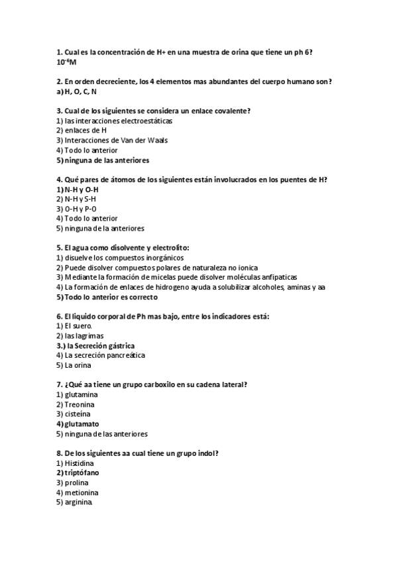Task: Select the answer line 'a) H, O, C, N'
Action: point(77,91)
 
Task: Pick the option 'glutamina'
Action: point(82,394)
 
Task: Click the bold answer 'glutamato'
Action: point(82,423)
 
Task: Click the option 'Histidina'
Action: point(81,463)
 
